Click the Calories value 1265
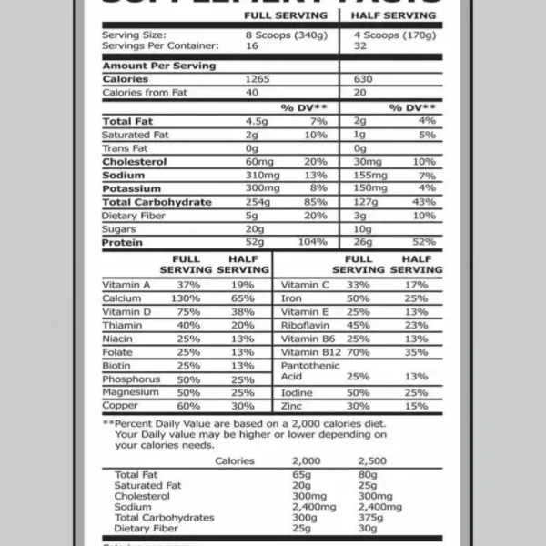(x=258, y=79)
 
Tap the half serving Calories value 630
(x=365, y=79)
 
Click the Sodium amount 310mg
(x=264, y=175)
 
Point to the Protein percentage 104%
(x=311, y=243)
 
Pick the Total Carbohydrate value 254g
(x=259, y=202)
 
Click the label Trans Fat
(x=126, y=148)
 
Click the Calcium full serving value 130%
(x=185, y=298)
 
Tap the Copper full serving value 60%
(x=188, y=406)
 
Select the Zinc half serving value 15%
(x=416, y=406)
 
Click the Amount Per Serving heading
(x=158, y=66)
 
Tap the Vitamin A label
(x=126, y=285)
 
